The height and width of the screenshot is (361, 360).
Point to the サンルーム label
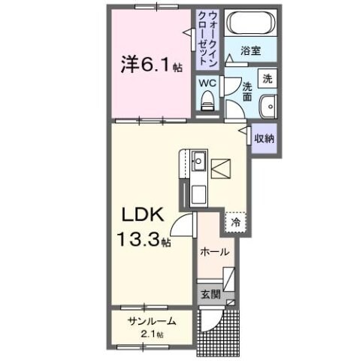pyautogui.click(x=152, y=321)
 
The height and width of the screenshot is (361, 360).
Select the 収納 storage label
pyautogui.click(x=263, y=138)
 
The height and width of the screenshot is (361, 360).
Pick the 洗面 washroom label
pyautogui.click(x=247, y=93)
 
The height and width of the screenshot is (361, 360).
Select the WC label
pyautogui.click(x=208, y=84)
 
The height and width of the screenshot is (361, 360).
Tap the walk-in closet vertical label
pyautogui.click(x=204, y=37)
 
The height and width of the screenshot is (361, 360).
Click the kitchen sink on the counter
pyautogui.click(x=199, y=160)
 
